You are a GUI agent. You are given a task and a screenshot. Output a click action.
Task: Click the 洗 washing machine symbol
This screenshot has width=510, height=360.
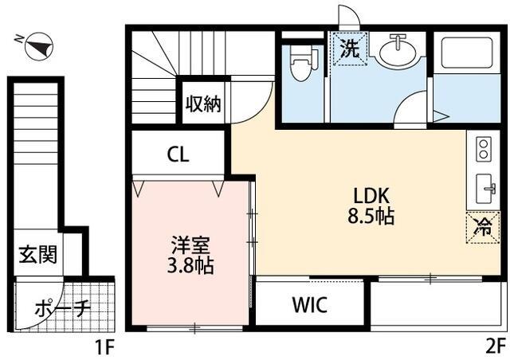[351, 47]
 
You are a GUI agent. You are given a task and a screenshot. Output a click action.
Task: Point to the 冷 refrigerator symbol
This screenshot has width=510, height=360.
[483, 226]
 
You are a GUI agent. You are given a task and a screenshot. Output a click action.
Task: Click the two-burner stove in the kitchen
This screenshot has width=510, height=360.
[483, 148]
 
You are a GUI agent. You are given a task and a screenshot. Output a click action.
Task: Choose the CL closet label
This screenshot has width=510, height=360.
[178, 155]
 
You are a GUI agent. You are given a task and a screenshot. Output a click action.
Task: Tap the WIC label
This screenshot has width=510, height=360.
[308, 305]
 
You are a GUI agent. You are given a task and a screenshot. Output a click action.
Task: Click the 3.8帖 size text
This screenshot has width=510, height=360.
[190, 266]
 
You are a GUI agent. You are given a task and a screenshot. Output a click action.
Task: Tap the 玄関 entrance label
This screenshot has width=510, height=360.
[37, 256]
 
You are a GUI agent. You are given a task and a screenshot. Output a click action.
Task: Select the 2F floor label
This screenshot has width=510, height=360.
[493, 346]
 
